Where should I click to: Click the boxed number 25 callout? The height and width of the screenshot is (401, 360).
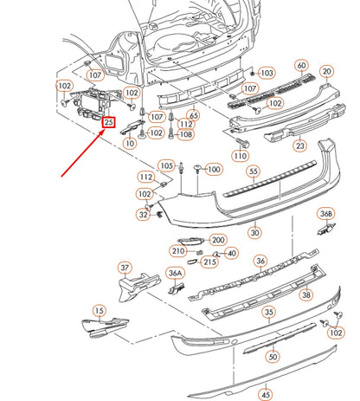(x=109, y=122)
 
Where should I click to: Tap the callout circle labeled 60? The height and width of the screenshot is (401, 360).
(x=301, y=66)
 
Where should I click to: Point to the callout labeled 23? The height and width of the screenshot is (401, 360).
(x=300, y=147)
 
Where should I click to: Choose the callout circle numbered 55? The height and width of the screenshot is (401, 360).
(x=254, y=171)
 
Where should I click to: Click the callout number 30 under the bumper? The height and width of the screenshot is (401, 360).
(x=254, y=232)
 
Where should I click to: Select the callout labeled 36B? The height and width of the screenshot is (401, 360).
(x=325, y=213)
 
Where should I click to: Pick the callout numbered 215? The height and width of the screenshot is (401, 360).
(x=210, y=262)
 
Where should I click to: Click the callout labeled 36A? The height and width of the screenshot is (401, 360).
(x=175, y=273)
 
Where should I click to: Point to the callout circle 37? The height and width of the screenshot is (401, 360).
(x=125, y=268)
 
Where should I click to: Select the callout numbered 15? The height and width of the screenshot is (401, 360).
(x=99, y=309)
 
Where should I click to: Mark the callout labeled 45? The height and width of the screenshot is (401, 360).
(x=266, y=395)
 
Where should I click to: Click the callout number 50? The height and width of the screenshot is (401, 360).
(x=273, y=356)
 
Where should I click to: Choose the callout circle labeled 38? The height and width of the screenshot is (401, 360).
(x=305, y=294)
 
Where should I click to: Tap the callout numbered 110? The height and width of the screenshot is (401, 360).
(x=240, y=156)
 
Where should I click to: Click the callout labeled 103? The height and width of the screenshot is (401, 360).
(x=266, y=74)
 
